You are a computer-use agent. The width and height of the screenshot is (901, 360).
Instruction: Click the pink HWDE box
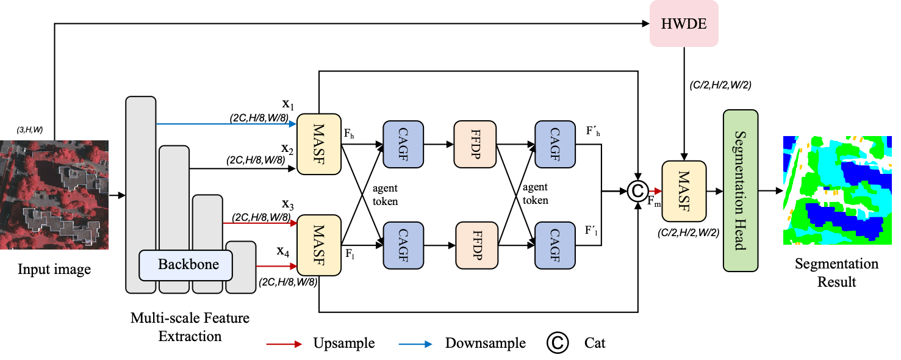click(684, 24)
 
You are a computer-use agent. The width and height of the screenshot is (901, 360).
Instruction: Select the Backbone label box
click(187, 265)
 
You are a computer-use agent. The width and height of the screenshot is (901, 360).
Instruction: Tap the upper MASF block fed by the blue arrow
click(318, 144)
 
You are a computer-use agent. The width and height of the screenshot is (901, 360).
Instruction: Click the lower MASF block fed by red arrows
click(318, 245)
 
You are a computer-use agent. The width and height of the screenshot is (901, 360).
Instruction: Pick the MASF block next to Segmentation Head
click(684, 191)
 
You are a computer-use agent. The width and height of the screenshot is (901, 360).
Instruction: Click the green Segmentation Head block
click(740, 190)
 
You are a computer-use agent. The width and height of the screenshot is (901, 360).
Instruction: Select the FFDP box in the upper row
click(475, 144)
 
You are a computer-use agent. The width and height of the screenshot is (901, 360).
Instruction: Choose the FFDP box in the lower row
click(476, 245)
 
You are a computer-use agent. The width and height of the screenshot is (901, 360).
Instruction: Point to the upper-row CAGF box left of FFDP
click(403, 144)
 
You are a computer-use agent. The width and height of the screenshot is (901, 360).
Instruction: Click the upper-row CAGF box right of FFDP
click(555, 144)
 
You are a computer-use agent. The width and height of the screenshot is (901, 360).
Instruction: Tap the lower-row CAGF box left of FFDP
click(403, 245)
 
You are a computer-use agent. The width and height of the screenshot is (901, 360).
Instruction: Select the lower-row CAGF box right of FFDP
click(555, 245)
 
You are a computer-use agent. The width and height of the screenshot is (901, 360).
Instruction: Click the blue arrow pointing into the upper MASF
click(226, 124)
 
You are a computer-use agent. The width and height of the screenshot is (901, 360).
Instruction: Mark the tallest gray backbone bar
click(141, 183)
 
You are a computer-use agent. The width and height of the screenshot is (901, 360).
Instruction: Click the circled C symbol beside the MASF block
click(637, 192)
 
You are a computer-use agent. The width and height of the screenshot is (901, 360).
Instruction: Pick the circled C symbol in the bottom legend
click(558, 343)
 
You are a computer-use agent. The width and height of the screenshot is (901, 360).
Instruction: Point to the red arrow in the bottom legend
click(284, 344)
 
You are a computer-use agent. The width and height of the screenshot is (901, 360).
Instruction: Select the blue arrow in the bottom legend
click(415, 344)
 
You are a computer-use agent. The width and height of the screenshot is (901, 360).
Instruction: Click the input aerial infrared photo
click(54, 195)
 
